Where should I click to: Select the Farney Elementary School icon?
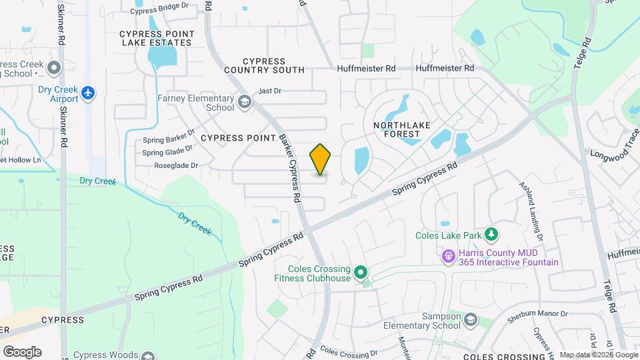coord(245,102)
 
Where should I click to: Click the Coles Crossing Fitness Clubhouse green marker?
coord(361,272)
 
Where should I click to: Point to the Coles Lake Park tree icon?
coord(491,234)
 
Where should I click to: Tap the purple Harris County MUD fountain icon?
coord(448,255)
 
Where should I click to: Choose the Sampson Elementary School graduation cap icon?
coord(471,321)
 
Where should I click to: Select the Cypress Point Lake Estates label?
coord(157,38)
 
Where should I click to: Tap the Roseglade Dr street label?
coord(176,165)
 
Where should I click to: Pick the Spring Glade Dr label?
coord(167,152)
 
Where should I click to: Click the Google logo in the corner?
coord(22,351)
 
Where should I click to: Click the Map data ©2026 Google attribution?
coord(598,355)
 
